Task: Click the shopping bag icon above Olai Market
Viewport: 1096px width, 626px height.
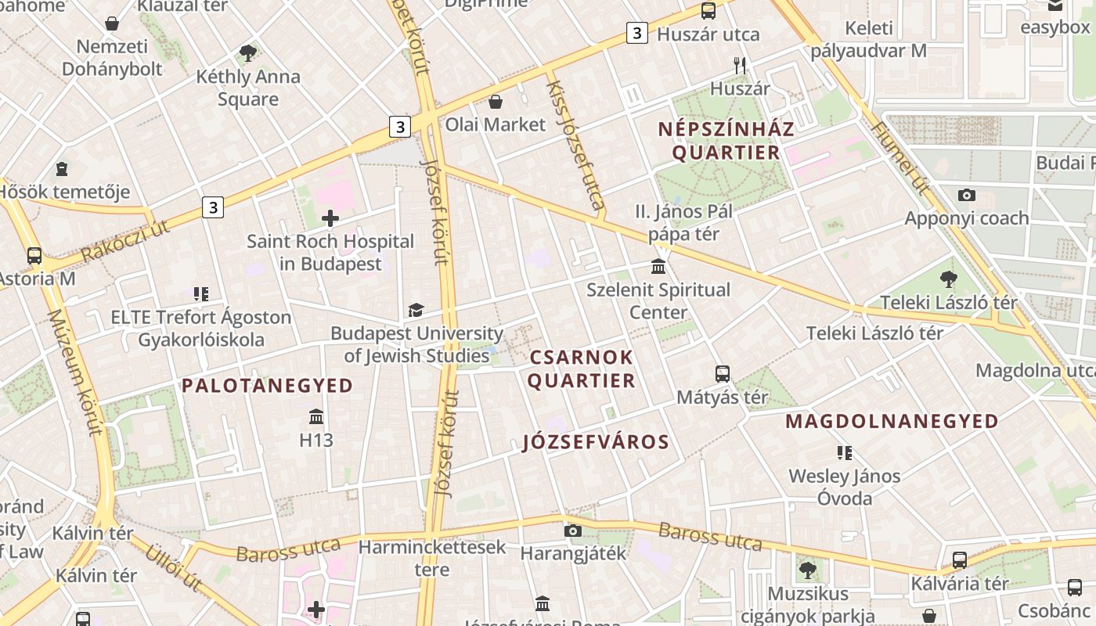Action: (x=495, y=102)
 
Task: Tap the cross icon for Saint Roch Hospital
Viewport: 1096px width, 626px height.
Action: (x=330, y=218)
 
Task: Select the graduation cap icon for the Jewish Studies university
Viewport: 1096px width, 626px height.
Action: (x=416, y=311)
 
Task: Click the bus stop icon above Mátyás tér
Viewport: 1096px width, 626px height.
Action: (x=722, y=374)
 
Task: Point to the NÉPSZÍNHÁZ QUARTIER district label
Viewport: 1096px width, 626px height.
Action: (x=726, y=141)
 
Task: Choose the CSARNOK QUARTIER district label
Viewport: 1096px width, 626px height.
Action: (x=582, y=369)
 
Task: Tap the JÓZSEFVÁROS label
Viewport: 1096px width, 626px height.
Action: (x=596, y=442)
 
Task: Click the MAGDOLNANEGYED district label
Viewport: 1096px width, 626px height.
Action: (x=892, y=421)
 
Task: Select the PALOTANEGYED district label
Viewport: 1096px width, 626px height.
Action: (x=268, y=385)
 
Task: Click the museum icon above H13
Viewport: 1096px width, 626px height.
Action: (x=316, y=416)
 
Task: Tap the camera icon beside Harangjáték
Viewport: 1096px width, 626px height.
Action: (x=572, y=531)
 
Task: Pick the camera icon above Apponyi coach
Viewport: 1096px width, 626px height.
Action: (x=967, y=195)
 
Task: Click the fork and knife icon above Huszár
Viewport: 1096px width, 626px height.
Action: (x=740, y=66)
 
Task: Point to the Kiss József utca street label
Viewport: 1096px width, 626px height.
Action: (x=575, y=146)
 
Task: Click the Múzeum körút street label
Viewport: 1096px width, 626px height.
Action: (x=74, y=372)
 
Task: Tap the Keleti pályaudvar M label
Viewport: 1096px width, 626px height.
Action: (x=868, y=40)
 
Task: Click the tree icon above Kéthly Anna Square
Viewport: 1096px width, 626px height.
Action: (x=248, y=53)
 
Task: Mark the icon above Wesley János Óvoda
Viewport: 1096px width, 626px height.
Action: (x=844, y=452)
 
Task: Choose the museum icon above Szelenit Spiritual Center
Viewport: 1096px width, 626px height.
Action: (x=658, y=267)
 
